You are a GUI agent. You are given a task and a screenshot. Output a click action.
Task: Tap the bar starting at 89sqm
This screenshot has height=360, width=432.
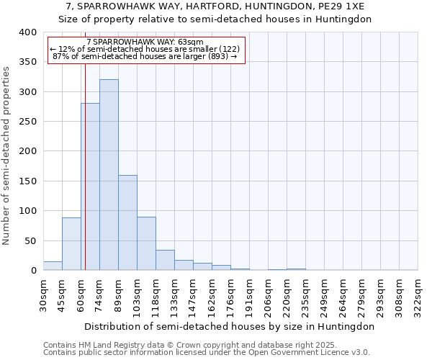127,222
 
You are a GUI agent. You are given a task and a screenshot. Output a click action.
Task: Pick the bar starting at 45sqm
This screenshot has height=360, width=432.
71,243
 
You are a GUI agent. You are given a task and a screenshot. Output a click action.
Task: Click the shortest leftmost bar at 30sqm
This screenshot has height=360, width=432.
53,266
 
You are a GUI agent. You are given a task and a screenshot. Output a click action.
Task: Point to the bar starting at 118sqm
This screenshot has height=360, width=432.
165,260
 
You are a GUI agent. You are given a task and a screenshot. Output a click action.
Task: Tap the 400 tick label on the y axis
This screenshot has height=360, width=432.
27,32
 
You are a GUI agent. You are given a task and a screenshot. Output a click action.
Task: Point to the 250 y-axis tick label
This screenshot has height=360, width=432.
27,122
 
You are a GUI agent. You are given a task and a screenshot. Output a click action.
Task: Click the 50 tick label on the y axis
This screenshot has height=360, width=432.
30,240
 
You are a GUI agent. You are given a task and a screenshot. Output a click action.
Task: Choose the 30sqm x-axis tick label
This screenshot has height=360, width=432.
43,294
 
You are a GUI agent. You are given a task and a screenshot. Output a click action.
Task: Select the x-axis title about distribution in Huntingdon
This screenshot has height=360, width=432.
230,326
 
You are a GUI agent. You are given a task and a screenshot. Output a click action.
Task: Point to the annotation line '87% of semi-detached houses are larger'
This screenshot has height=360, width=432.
145,56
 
